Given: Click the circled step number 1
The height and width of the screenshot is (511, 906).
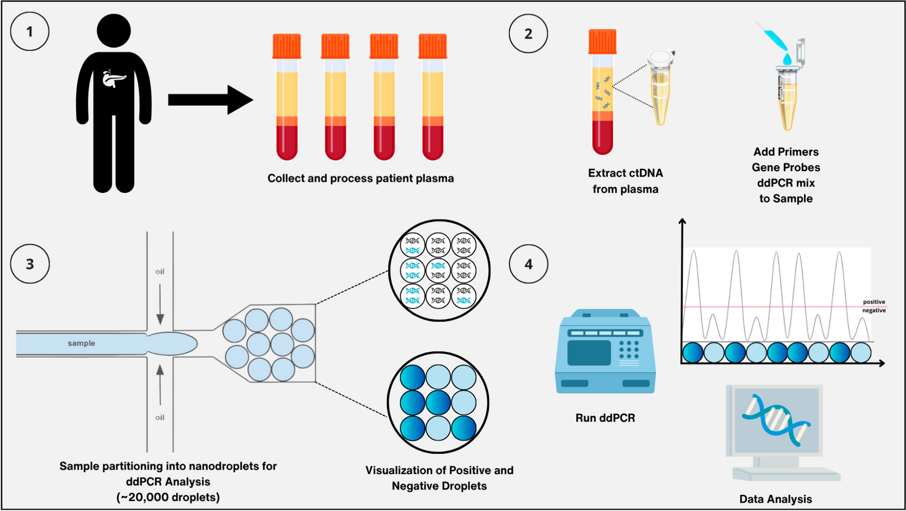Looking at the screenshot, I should [29, 32].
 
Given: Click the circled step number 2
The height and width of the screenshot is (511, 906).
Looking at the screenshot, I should [528, 34].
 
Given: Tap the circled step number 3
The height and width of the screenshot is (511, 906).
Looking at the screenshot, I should [29, 264].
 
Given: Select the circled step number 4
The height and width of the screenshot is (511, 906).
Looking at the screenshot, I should [528, 264].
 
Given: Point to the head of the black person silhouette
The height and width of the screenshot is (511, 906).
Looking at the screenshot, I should [114, 30].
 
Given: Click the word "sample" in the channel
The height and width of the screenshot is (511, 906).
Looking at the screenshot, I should [81, 343].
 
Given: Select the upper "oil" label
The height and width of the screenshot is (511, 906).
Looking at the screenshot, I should [160, 272].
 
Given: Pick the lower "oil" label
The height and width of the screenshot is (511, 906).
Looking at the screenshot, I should [160, 418].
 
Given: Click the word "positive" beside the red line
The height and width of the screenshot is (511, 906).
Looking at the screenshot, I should [873, 302].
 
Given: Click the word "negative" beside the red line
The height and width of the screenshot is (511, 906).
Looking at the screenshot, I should [873, 310].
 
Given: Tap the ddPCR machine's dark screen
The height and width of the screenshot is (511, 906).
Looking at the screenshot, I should [589, 353].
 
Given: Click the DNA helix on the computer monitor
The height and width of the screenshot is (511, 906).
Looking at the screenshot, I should [776, 419].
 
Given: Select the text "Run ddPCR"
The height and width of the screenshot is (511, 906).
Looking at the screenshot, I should [605, 418].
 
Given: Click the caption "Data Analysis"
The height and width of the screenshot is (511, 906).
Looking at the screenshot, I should [775, 499].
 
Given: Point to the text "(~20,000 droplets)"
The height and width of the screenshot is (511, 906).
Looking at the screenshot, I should [168, 497].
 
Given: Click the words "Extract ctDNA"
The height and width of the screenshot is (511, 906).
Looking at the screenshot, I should [625, 173].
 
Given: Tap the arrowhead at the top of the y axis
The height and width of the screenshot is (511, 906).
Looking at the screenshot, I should [682, 221].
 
